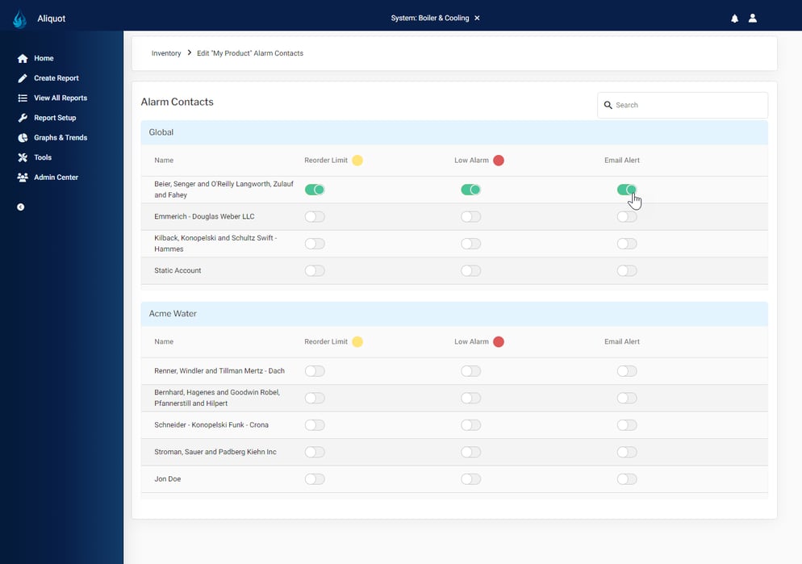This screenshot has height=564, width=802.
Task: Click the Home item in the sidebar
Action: point(43,58)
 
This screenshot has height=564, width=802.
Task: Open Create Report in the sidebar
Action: point(56,78)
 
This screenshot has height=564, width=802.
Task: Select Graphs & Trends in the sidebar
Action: point(60,138)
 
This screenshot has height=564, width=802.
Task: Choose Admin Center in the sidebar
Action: point(56,178)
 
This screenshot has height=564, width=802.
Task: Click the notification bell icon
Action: point(734,19)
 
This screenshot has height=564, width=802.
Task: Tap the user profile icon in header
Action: point(753,18)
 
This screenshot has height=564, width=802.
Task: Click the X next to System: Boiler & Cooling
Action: point(477,18)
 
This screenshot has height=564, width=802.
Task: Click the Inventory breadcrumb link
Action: point(166,53)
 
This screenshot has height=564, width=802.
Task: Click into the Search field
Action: point(686,105)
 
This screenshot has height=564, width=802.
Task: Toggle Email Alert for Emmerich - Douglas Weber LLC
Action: point(627,217)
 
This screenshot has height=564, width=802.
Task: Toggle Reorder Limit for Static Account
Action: point(315,271)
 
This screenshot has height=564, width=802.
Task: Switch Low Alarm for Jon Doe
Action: point(470,479)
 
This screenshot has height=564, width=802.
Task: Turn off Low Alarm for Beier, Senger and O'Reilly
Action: point(470,190)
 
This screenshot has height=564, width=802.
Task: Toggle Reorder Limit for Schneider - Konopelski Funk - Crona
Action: point(315,425)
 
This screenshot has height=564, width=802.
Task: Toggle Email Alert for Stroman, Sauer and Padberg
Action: point(627,452)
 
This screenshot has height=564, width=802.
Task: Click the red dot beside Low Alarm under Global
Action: point(499,161)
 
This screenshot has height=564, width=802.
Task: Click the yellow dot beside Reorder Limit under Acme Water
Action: point(357,342)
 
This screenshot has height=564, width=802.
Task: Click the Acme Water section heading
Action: point(173,314)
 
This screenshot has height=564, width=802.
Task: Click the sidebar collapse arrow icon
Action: point(21,207)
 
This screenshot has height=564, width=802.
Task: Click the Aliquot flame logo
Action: point(20,19)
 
